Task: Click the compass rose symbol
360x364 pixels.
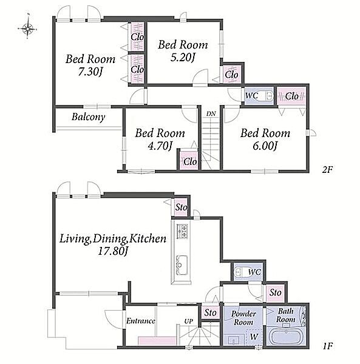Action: click(28, 29)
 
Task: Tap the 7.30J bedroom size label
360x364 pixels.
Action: click(90, 72)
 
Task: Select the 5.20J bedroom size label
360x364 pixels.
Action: click(183, 58)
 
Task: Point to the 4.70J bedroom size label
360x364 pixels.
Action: click(160, 146)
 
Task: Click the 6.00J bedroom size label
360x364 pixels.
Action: click(265, 146)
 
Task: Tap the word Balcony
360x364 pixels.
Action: click(88, 116)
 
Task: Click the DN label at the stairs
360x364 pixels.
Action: click(211, 114)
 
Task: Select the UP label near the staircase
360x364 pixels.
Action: click(188, 322)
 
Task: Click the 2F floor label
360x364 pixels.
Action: click(327, 170)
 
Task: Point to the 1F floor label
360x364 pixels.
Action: click(328, 346)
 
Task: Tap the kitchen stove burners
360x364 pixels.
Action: click(182, 231)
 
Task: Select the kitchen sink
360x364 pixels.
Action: click(182, 265)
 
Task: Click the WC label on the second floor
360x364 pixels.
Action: click(251, 95)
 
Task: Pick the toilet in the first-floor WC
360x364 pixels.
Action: click(241, 272)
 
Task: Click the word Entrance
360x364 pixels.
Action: click(141, 321)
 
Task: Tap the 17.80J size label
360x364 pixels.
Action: click(113, 251)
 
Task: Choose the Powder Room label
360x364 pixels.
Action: click(243, 318)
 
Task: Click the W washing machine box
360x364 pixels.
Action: click(254, 337)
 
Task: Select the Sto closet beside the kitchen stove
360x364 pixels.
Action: click(181, 207)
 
